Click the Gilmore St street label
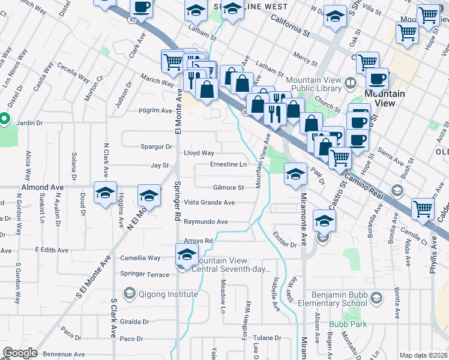click(228, 188)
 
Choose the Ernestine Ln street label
click(228, 164)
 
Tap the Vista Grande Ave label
click(209, 203)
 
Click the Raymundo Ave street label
click(205, 222)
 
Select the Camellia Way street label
click(140, 258)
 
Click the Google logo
click(20, 353)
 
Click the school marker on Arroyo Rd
click(187, 254)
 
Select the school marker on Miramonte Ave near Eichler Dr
click(324, 221)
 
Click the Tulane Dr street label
click(267, 338)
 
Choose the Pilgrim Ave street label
click(154, 110)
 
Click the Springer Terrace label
click(145, 274)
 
